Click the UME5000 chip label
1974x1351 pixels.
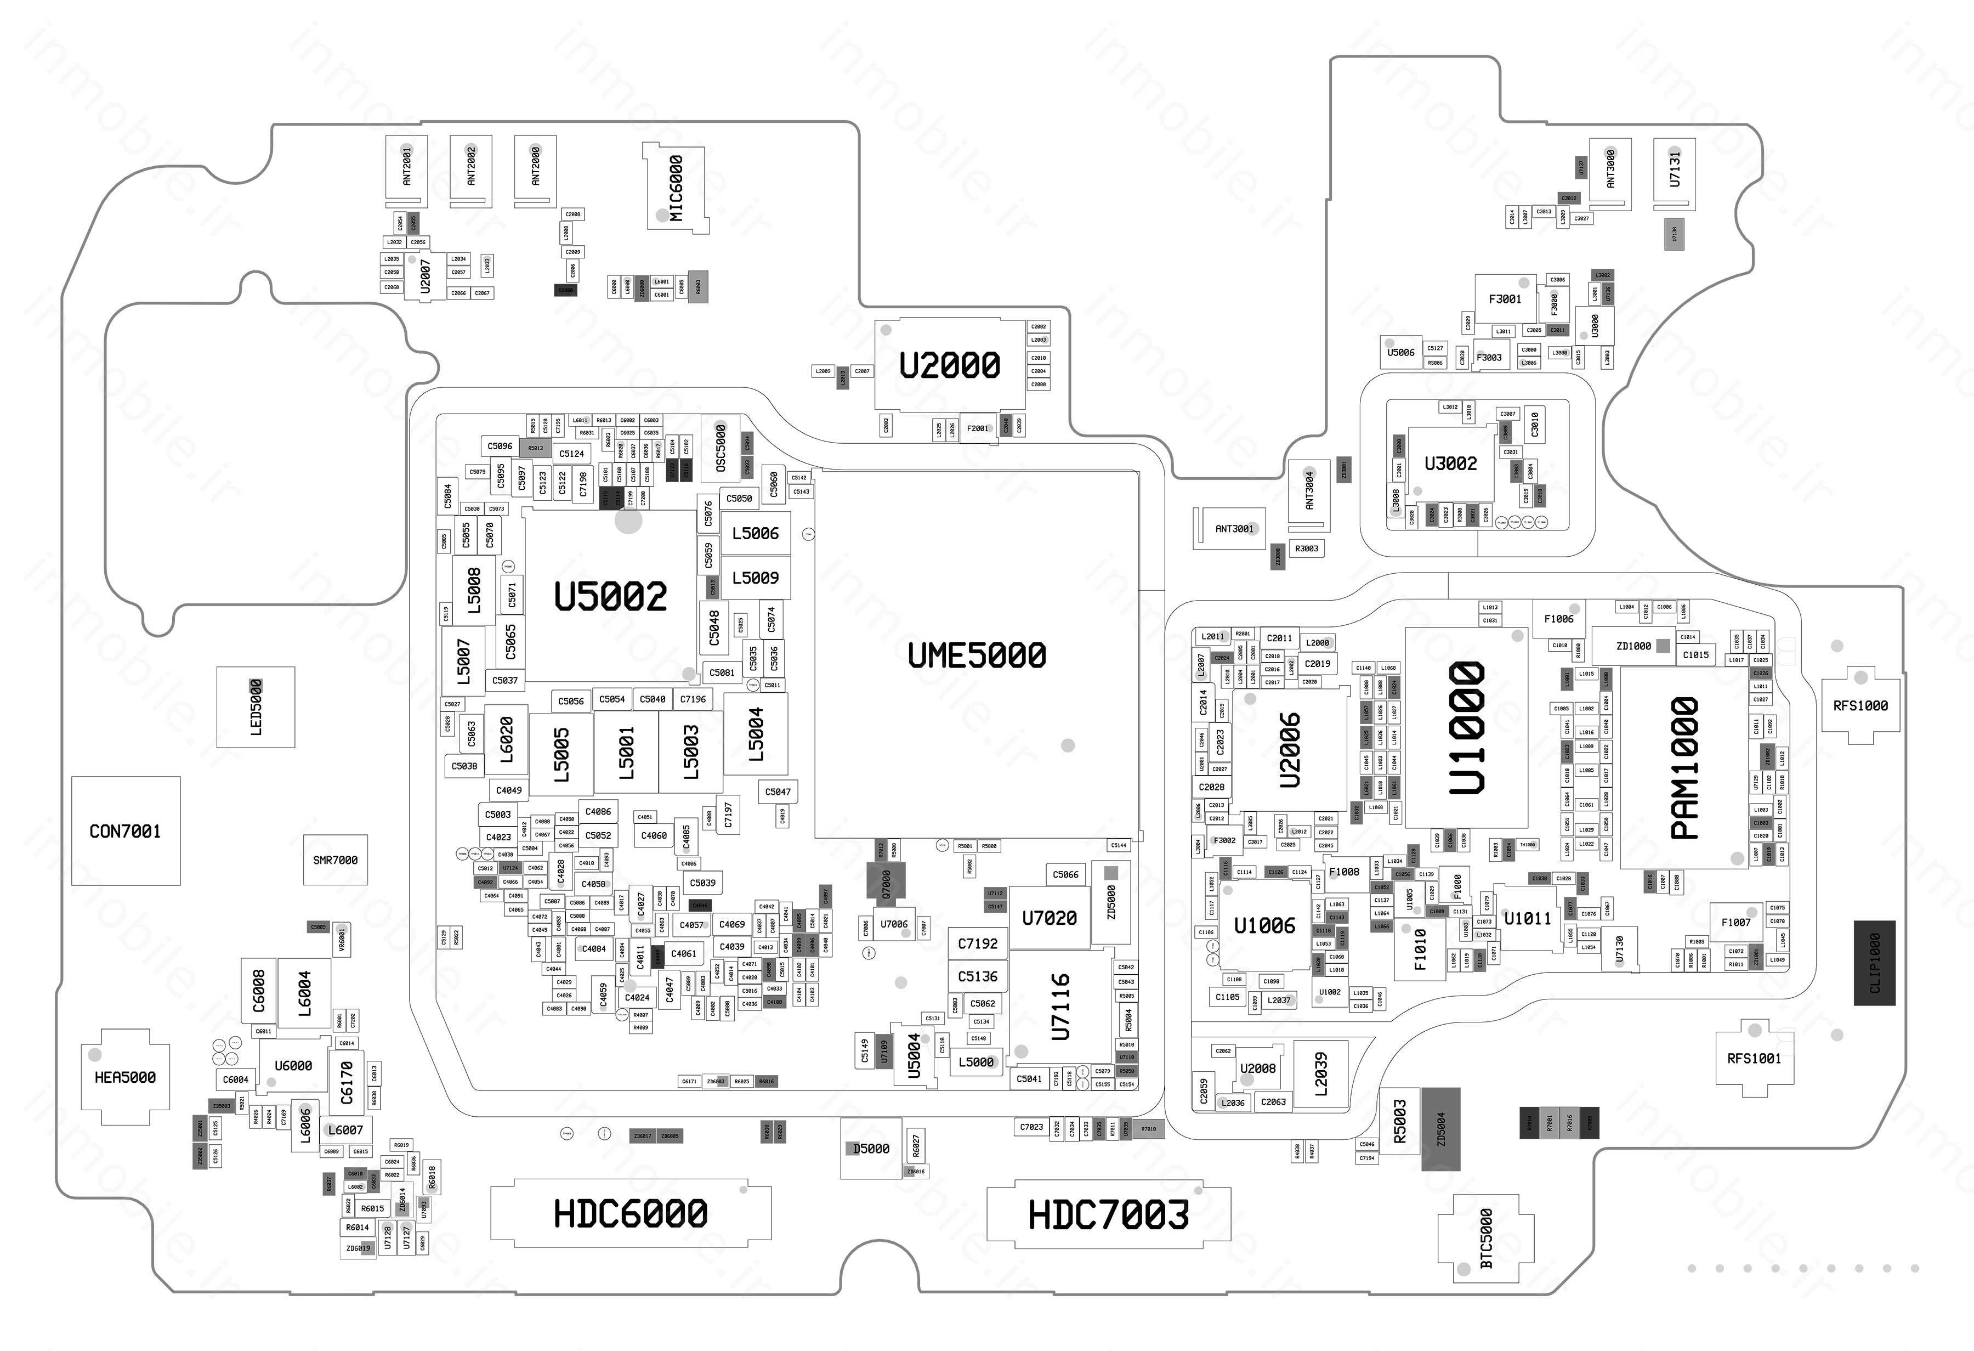tap(977, 655)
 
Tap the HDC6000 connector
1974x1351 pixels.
tap(630, 1213)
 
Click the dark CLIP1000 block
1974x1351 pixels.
tap(1874, 963)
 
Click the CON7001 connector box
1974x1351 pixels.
tap(126, 831)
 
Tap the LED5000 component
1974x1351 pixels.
tap(256, 707)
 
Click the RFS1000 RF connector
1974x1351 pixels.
tap(1860, 705)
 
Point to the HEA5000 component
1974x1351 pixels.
tap(125, 1077)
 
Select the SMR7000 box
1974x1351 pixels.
tap(336, 860)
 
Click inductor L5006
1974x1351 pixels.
tap(755, 534)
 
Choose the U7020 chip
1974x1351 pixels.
tap(1049, 918)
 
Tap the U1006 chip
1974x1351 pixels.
tap(1264, 925)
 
